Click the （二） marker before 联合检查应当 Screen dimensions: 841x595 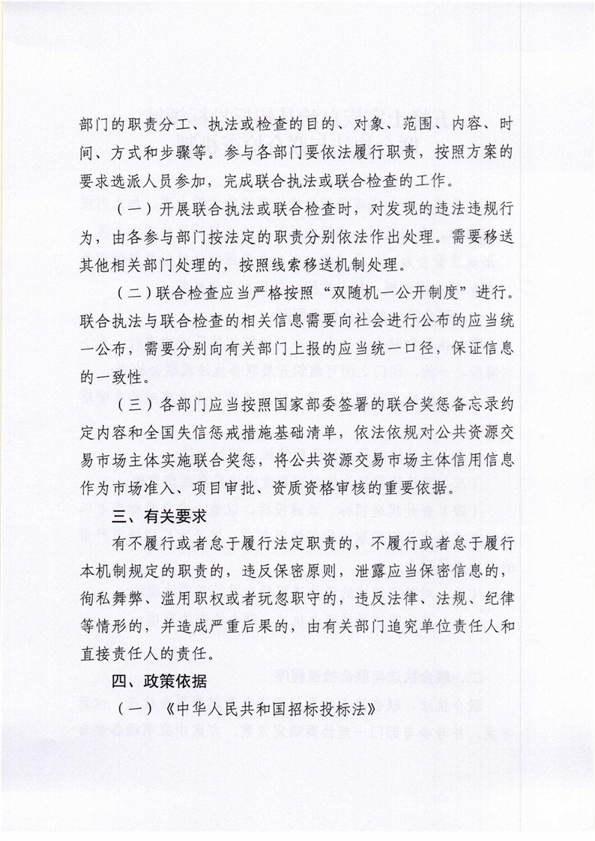pyautogui.click(x=133, y=289)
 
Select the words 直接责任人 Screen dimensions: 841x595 pyautogui.click(x=122, y=652)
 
